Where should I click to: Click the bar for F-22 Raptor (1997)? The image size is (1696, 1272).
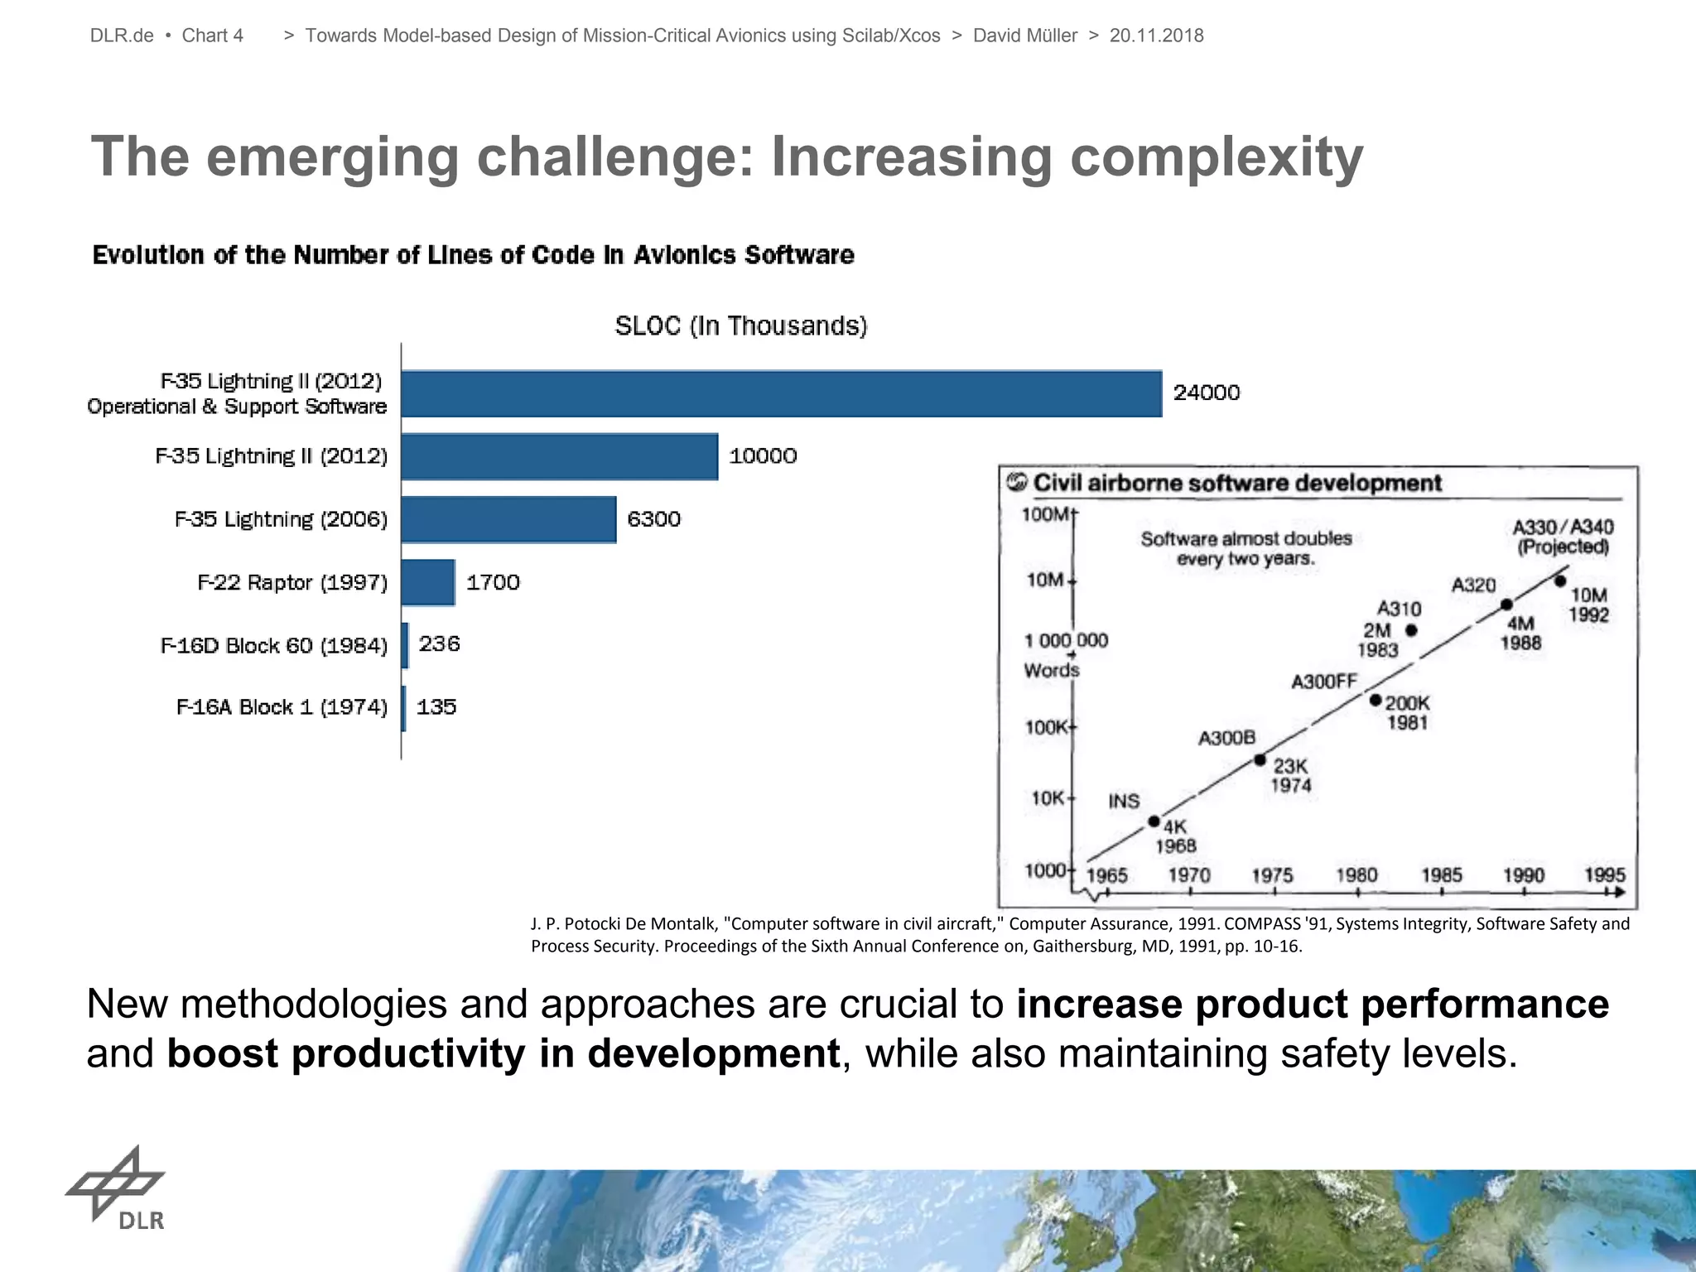tap(428, 582)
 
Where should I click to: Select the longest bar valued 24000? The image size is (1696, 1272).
tap(781, 393)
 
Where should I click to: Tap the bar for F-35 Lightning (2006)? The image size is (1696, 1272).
tap(508, 519)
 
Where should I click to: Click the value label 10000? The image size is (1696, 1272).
tap(763, 456)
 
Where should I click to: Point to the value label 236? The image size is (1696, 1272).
tap(439, 644)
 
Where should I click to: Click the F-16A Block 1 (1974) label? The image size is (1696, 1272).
tap(282, 707)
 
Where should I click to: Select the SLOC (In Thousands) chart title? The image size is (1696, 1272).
tap(740, 326)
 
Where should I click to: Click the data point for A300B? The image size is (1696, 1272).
tap(1260, 759)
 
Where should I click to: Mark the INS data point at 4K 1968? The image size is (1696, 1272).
tap(1154, 821)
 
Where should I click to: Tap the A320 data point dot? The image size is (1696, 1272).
tap(1507, 605)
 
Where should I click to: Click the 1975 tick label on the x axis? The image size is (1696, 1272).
tap(1272, 875)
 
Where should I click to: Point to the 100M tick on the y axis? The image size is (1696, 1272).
tap(1046, 514)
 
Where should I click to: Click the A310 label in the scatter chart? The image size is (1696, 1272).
tap(1399, 609)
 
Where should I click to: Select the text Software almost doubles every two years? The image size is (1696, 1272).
tap(1245, 548)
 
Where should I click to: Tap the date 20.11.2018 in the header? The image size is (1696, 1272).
tap(1156, 36)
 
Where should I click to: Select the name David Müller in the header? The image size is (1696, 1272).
tap(1024, 36)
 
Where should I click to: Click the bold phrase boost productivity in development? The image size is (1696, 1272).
tap(503, 1053)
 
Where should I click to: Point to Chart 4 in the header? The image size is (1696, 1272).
tap(212, 36)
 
